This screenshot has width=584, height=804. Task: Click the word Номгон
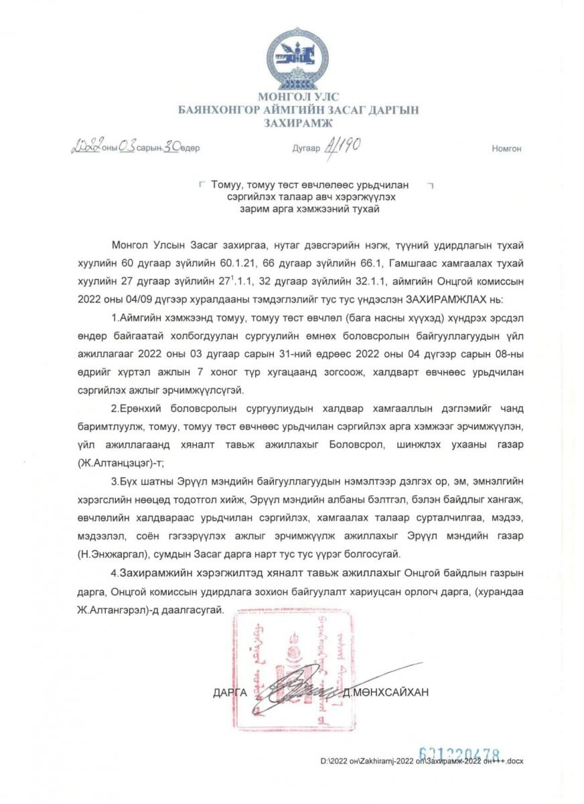pos(506,149)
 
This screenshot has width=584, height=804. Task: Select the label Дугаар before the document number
pos(306,149)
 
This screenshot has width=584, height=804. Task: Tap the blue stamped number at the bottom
pos(459,754)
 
